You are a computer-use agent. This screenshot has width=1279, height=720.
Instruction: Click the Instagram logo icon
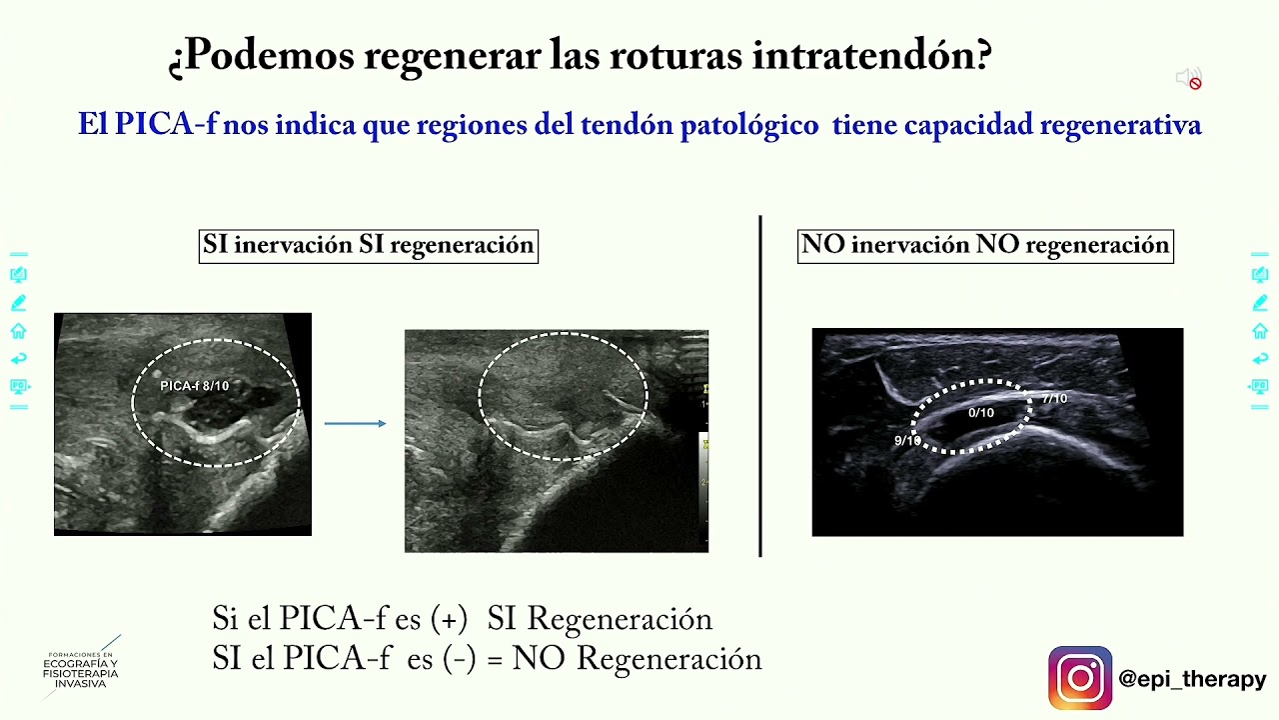(1080, 678)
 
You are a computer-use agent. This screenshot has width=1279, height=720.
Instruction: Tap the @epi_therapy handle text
(1192, 680)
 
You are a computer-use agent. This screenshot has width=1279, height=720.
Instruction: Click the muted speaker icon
(1188, 79)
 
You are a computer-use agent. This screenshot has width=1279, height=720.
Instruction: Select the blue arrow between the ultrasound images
(355, 424)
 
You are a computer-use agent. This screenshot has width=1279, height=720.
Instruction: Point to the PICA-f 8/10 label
(195, 386)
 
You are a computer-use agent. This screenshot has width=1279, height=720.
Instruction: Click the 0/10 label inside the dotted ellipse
(981, 413)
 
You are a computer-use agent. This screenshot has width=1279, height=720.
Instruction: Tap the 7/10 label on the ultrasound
(1054, 399)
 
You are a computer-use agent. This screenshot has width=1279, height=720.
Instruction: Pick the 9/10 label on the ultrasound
(907, 441)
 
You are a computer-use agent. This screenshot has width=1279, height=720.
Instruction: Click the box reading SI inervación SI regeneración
(369, 246)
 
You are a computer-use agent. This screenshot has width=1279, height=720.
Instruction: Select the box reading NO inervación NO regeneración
(985, 246)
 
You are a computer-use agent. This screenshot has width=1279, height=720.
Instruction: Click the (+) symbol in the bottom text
(449, 619)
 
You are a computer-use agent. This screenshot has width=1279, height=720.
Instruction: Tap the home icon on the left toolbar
(18, 331)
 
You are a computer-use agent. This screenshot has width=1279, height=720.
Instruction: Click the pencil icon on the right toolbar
(1260, 303)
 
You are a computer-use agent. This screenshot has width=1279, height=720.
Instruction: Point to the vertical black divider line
(760, 385)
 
